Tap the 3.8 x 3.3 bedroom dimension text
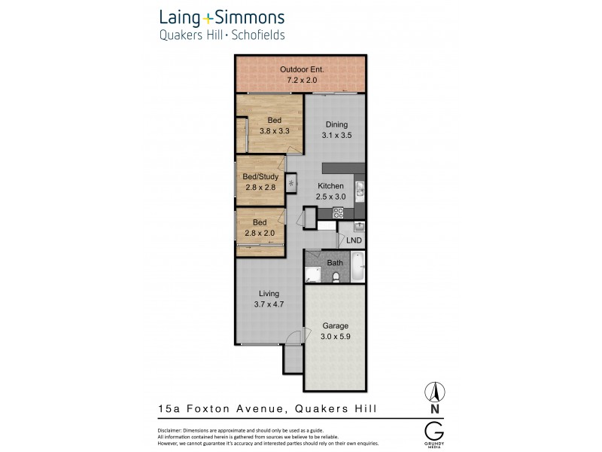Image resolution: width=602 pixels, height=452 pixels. point(269,130)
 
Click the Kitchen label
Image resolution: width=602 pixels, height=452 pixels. point(331,186)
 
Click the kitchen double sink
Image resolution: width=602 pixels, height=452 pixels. point(360,192)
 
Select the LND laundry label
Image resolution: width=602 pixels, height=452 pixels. point(354,240)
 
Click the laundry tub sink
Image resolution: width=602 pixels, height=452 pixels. point(359,225)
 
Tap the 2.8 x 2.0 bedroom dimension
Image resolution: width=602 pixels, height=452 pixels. point(260,233)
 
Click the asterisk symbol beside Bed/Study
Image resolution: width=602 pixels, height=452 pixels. point(290,182)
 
